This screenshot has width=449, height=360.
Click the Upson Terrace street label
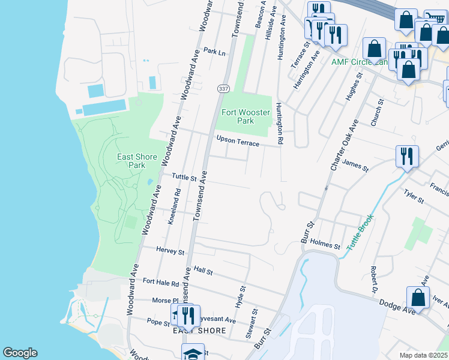pyautogui.click(x=238, y=143)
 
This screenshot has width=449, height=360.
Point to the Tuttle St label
pyautogui.click(x=184, y=177)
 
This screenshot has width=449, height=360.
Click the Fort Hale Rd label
pyautogui.click(x=161, y=283)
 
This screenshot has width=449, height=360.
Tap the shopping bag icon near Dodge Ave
pyautogui.click(x=418, y=298)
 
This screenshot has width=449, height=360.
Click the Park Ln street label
pyautogui.click(x=214, y=52)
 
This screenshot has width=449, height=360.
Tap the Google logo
pyautogui.click(x=20, y=353)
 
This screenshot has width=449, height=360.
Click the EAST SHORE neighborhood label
pyautogui.click(x=200, y=331)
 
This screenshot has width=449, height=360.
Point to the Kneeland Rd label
pyautogui.click(x=174, y=207)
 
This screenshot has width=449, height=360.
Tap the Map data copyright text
pyautogui.click(x=423, y=355)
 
